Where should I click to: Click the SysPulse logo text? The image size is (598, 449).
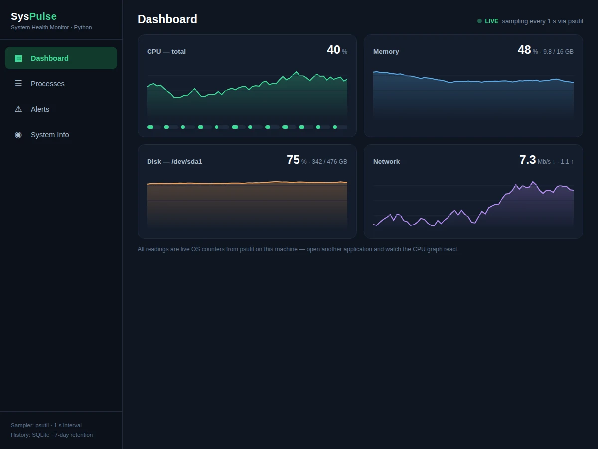pos(34,16)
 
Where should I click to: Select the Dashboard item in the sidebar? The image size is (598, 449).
pos(61,58)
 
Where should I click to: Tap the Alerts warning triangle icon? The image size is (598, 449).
pos(18,109)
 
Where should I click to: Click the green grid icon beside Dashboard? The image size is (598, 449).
pos(18,58)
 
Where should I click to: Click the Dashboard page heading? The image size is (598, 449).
pos(167,19)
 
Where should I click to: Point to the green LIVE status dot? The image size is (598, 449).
pos(479,21)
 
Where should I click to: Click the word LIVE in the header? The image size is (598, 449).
pos(491,21)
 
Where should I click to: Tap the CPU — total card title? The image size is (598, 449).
pos(166,51)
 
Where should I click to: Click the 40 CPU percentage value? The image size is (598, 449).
pos(333,50)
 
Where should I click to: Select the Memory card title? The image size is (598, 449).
pos(386,51)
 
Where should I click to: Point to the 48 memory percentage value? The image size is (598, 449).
pos(524,50)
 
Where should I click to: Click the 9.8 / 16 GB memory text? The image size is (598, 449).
pos(558,52)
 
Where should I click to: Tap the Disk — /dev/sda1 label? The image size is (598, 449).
pos(174,161)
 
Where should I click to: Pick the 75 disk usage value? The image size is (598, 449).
pos(293,160)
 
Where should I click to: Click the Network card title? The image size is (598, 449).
pos(386,161)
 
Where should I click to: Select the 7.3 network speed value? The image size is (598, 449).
pos(528,160)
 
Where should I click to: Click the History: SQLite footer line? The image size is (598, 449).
pos(52,435)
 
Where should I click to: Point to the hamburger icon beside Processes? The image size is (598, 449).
pos(18,83)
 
